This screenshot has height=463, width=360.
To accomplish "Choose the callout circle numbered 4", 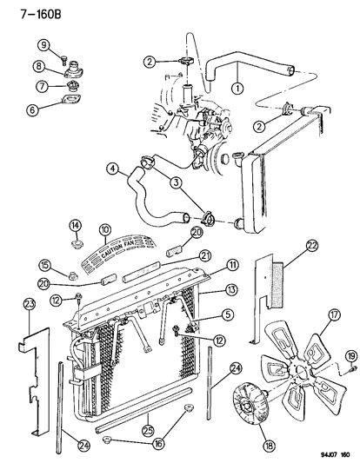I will coord(113,170).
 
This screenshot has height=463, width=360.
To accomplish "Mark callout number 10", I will coord(104,232).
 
